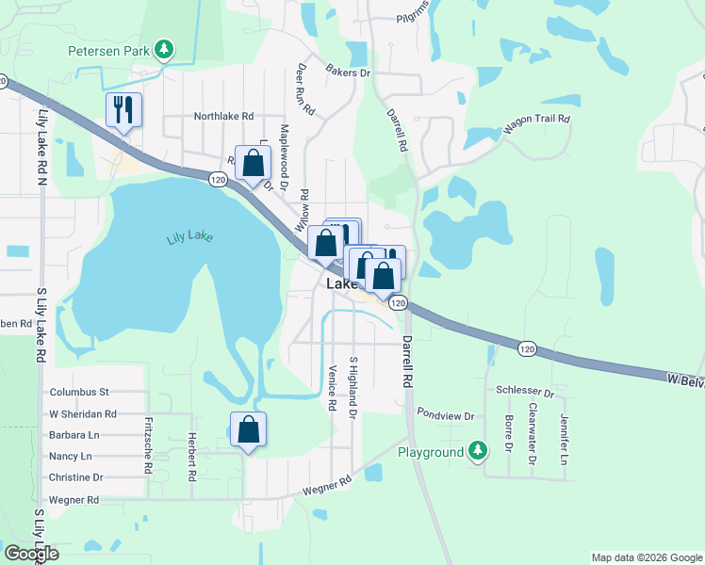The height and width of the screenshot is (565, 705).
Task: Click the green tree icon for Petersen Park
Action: click(165, 49)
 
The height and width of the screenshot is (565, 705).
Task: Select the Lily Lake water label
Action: click(188, 235)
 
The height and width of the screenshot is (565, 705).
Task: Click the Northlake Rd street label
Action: click(224, 117)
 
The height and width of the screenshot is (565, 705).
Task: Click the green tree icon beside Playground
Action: click(479, 452)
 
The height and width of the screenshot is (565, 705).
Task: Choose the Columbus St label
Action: click(80, 392)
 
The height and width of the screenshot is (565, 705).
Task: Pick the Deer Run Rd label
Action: click(305, 90)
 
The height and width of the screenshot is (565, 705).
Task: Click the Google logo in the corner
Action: click(31, 554)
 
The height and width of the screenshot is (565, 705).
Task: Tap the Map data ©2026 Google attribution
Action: click(646, 557)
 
